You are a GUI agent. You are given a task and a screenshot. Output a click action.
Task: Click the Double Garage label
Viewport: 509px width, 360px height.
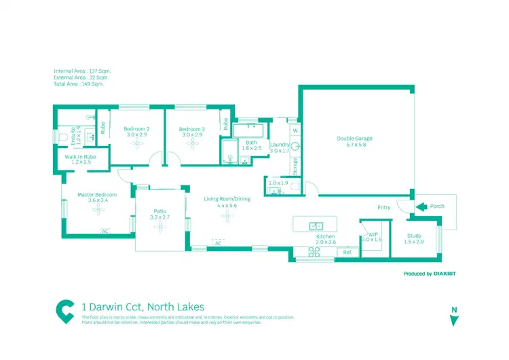355,139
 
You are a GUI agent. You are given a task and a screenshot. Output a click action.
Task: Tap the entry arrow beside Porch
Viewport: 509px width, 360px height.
420,206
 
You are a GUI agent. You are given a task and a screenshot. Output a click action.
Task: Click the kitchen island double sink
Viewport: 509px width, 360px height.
316,226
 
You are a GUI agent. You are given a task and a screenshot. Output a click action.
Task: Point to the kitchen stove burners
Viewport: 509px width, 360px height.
314,251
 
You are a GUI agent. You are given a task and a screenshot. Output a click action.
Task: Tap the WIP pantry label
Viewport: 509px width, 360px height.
373,234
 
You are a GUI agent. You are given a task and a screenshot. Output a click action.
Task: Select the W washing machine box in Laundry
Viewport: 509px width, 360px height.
295,130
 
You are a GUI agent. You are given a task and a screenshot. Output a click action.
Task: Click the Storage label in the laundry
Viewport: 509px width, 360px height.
296,165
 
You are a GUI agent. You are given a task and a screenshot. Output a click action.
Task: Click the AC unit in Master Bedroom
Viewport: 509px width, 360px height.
105,232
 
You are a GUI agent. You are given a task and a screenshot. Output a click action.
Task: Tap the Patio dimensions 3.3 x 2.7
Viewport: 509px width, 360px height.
160,217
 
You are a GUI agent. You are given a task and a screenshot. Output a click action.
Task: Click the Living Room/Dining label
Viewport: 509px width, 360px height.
228,199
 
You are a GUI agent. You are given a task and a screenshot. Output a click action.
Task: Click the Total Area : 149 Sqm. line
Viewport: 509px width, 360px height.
81,84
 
